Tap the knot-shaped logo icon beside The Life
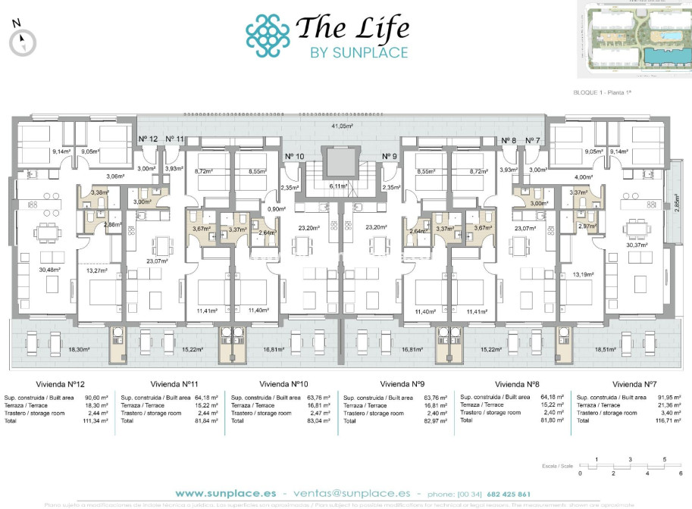pyautogui.click(x=268, y=35)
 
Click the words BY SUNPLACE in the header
pyautogui.click(x=359, y=52)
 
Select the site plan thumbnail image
pyautogui.click(x=634, y=39)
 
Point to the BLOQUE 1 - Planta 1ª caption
pyautogui.click(x=603, y=92)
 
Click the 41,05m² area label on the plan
pyautogui.click(x=345, y=126)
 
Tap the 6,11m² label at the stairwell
pyautogui.click(x=338, y=186)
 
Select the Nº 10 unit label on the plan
pyautogui.click(x=294, y=157)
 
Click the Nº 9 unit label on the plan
pyautogui.click(x=390, y=157)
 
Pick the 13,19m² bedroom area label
pyautogui.click(x=582, y=274)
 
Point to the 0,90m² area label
pyautogui.click(x=278, y=209)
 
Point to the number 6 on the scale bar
pyautogui.click(x=681, y=473)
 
